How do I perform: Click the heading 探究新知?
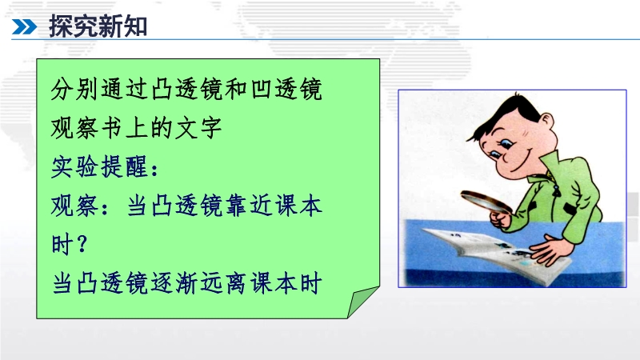click(x=98, y=26)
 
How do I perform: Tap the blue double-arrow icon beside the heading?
click(x=25, y=27)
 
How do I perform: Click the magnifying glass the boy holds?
click(x=486, y=202)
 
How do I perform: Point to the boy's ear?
click(x=546, y=122)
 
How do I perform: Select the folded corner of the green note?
click(x=362, y=302)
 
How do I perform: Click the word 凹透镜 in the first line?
click(x=286, y=89)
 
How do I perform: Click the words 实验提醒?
click(x=99, y=167)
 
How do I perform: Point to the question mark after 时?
click(x=82, y=244)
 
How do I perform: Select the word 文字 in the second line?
click(x=198, y=128)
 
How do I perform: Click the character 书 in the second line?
click(x=112, y=128)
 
